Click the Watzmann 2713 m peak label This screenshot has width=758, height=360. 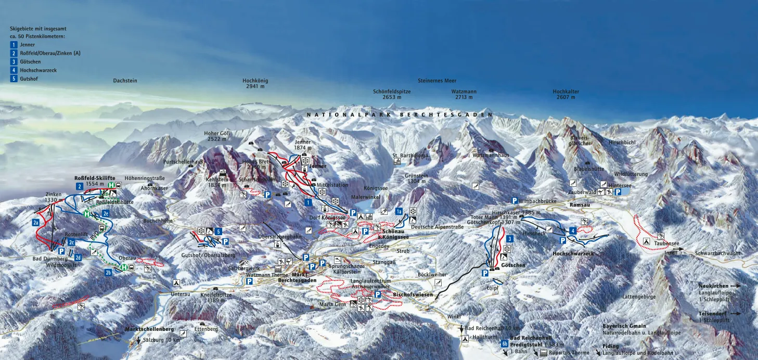pyautogui.click(x=464, y=94)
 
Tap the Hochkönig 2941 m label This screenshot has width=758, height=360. pyautogui.click(x=255, y=83)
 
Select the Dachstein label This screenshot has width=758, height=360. pyautogui.click(x=125, y=81)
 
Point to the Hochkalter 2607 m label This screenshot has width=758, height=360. pyautogui.click(x=566, y=94)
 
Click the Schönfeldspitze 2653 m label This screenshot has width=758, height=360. pyautogui.click(x=392, y=94)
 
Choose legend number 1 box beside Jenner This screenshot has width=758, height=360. pyautogui.click(x=14, y=45)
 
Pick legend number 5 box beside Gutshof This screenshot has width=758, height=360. pyautogui.click(x=14, y=79)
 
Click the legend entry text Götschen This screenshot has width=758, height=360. pyautogui.click(x=30, y=62)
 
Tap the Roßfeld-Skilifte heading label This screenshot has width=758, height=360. pyautogui.click(x=95, y=178)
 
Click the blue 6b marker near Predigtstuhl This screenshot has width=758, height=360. pyautogui.click(x=505, y=343)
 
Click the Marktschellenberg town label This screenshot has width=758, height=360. pyautogui.click(x=149, y=329)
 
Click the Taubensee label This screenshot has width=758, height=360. pyautogui.click(x=664, y=243)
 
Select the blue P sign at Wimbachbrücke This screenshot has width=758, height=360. pyautogui.click(x=515, y=201)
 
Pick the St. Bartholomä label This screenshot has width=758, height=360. pyautogui.click(x=411, y=155)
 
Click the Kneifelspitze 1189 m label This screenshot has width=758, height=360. pyautogui.click(x=216, y=298)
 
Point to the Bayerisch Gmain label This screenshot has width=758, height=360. pyautogui.click(x=624, y=326)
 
